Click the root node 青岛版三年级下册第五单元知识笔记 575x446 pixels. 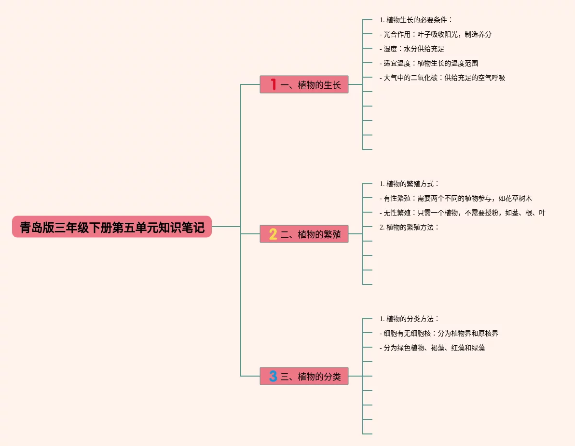tap(112, 227)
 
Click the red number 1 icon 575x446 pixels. tap(273, 85)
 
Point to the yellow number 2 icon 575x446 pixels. tap(273, 234)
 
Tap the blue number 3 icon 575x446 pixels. tap(273, 376)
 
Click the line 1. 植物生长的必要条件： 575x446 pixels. tap(416, 20)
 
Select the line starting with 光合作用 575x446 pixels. tap(436, 34)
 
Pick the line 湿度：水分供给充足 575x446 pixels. tap(412, 49)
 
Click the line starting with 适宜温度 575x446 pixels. tap(429, 63)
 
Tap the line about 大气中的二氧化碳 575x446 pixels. tap(442, 78)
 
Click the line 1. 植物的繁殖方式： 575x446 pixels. tap(409, 184)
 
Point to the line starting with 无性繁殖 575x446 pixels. tap(463, 213)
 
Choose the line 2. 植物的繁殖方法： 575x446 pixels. tap(409, 227)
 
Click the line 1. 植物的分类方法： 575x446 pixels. tap(409, 319)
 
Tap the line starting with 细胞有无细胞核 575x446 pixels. tap(439, 333)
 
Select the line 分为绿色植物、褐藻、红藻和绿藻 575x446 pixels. tap(432, 348)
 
